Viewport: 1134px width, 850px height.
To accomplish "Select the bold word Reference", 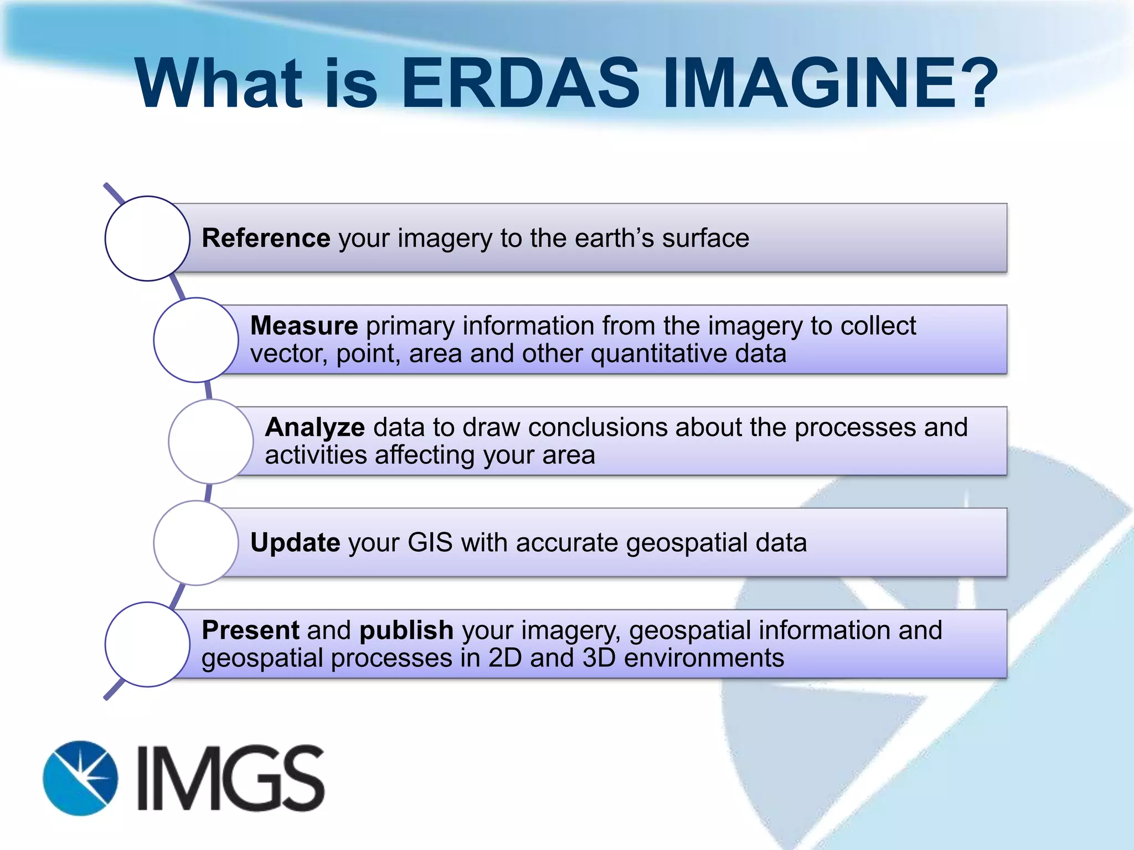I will [266, 239].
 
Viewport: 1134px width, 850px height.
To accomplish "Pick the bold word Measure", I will [304, 326].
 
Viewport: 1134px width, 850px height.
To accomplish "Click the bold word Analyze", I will [315, 428].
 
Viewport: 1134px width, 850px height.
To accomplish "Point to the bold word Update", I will [295, 543].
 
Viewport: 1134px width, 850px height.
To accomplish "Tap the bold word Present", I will [250, 630].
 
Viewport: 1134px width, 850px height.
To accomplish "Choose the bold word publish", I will [406, 631].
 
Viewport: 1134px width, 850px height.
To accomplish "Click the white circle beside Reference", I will [147, 239].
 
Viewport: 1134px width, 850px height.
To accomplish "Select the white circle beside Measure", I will [196, 340].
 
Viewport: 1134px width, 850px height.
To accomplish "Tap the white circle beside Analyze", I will [211, 442].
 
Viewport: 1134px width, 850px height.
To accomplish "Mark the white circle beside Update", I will [196, 543].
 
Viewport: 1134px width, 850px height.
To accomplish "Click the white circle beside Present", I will [147, 645].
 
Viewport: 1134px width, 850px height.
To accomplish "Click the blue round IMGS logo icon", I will [80, 778].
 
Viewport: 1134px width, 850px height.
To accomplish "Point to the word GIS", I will [430, 543].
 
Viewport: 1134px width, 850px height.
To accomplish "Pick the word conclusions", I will [597, 428].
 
